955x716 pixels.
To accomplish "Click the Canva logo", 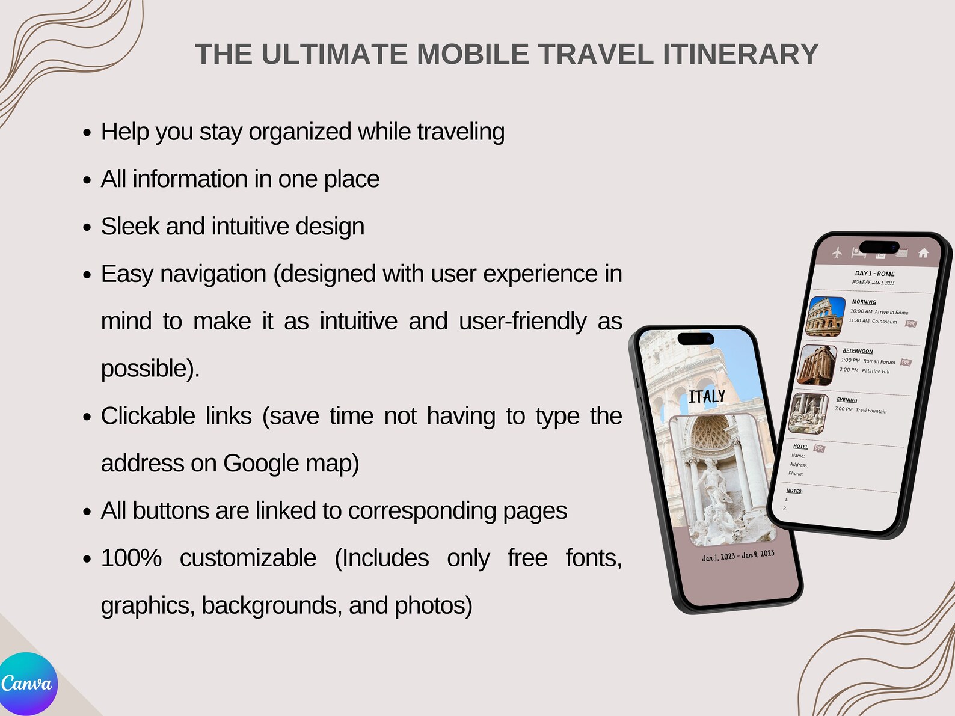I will pos(27,684).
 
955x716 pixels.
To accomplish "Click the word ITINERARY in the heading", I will pos(740,55).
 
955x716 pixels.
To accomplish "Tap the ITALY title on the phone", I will pos(707,397).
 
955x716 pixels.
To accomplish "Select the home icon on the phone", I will pos(923,253).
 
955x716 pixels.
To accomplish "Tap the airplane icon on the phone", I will pos(837,252).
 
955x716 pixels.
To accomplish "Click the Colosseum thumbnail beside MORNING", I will pos(825,316).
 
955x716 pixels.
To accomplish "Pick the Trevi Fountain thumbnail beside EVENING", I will pos(808,413).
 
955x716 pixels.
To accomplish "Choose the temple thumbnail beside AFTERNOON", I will pos(817,365).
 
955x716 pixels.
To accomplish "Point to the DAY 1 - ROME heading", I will pos(874,274).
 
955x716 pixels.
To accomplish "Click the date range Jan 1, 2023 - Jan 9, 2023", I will pos(738,555).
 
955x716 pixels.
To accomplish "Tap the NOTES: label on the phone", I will pos(794,491).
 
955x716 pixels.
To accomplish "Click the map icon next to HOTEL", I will pos(819,448).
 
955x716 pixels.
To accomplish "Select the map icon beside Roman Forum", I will pos(906,363).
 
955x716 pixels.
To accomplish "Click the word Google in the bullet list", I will pos(261,464).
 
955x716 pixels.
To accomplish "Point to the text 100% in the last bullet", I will pos(131,558).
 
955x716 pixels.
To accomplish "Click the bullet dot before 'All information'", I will pos(88,180).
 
